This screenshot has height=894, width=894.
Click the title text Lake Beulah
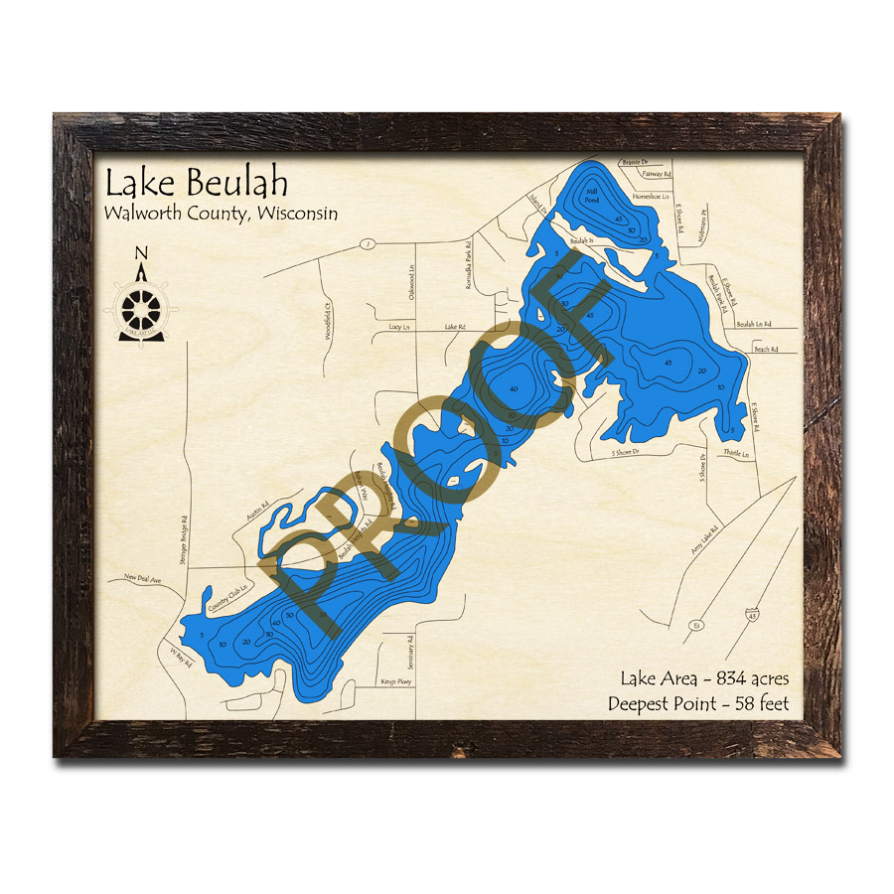tap(197, 184)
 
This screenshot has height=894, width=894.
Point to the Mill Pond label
tap(593, 196)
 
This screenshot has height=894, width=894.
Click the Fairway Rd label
tap(657, 174)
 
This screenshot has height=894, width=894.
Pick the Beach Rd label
tap(763, 349)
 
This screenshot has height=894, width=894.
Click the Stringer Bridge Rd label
tap(185, 540)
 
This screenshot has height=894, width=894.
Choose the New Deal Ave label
tap(142, 577)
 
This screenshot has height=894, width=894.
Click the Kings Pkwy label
tap(394, 682)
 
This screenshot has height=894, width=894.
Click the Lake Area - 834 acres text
tap(704, 679)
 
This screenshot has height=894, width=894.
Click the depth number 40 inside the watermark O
tap(513, 388)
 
